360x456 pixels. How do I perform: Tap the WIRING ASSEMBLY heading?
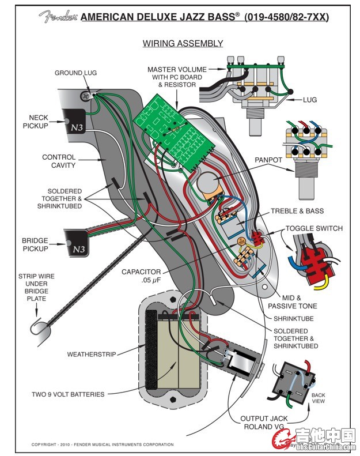pos(183,43)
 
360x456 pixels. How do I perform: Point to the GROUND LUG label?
pos(75,73)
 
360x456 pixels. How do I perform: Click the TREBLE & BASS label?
pos(297,211)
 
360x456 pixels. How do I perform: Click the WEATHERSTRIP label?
pos(92,354)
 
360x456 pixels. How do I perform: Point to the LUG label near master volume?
pos(310,100)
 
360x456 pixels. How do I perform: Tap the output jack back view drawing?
pos(294,382)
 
